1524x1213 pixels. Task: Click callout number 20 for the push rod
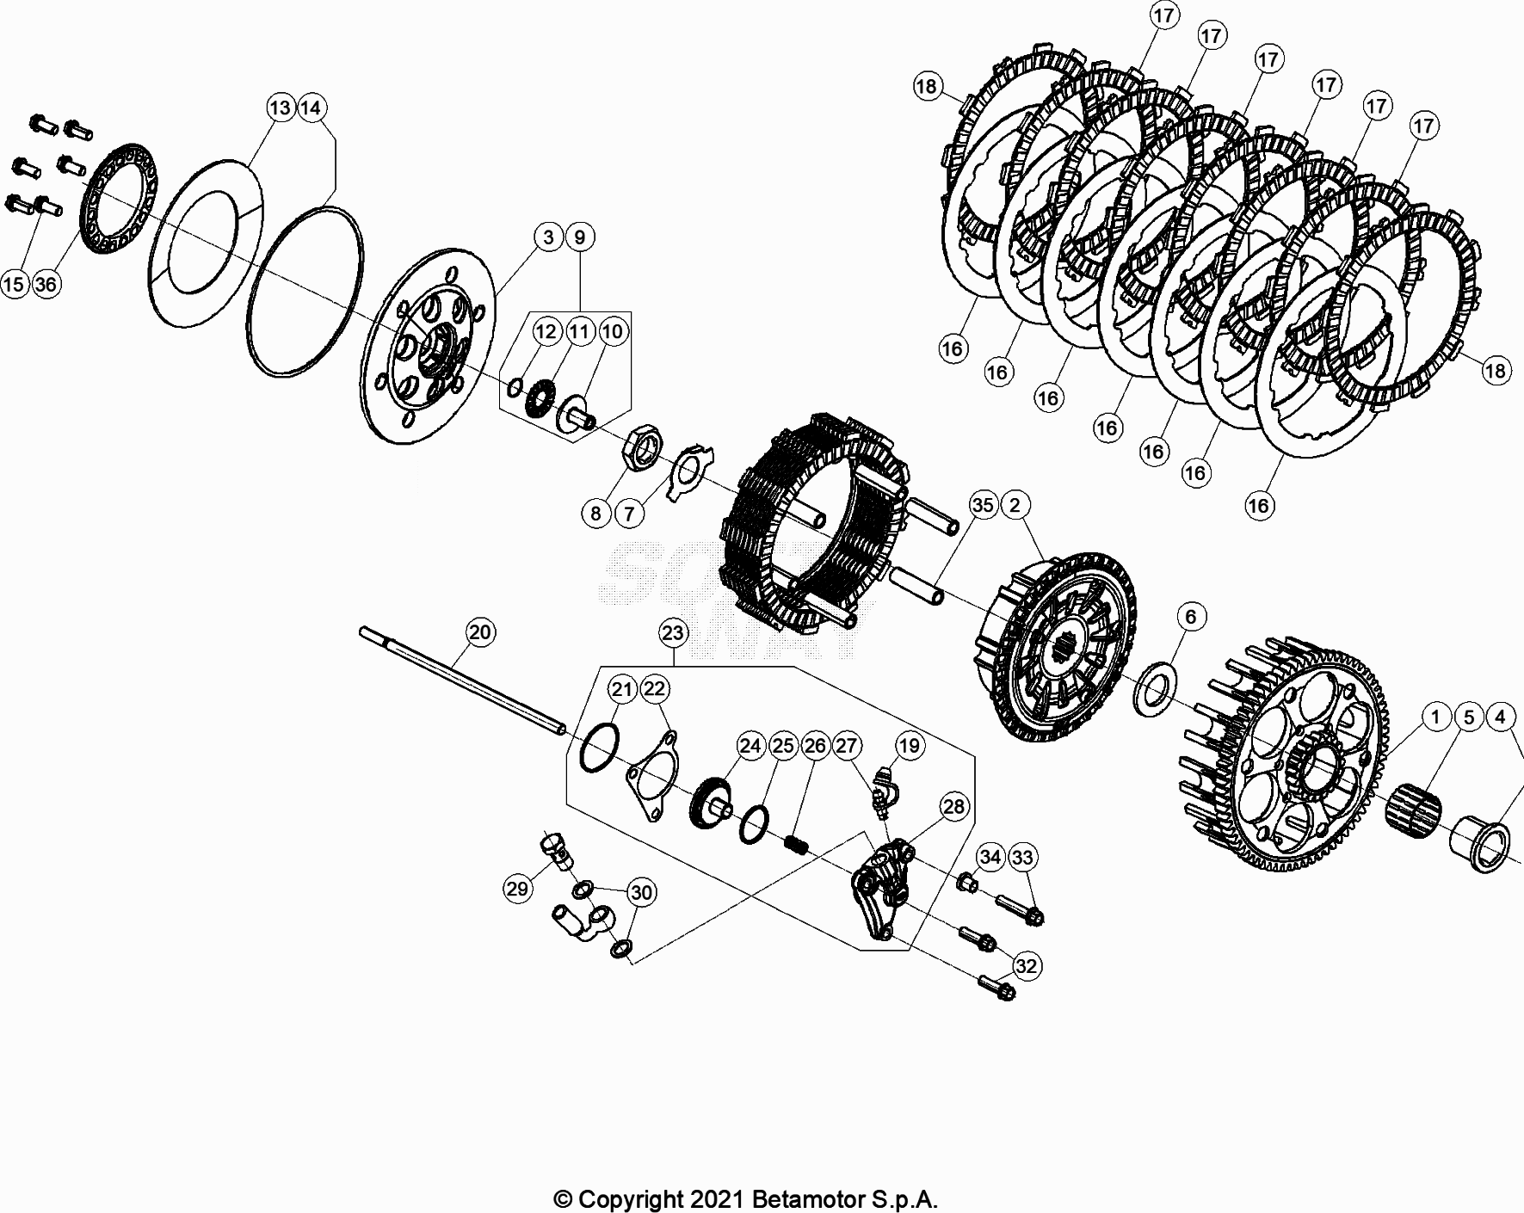coord(480,632)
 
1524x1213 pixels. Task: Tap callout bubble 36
coord(46,284)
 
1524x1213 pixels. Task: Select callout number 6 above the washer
coord(1190,617)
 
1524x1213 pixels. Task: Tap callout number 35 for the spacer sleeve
coord(983,505)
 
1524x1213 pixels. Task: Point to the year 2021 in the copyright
coord(711,1199)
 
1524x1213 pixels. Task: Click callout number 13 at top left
coord(281,108)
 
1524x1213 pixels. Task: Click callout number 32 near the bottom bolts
coord(1026,966)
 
